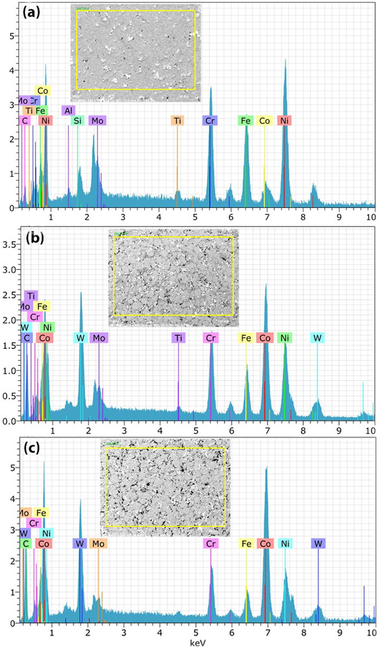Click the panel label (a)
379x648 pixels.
point(31,13)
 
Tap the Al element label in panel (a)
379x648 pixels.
point(68,111)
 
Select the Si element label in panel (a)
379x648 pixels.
point(77,121)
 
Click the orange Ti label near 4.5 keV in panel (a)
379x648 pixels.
point(177,121)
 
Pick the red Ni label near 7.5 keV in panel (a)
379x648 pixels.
point(284,121)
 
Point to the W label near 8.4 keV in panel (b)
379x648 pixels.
point(317,338)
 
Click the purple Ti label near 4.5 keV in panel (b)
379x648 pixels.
point(178,338)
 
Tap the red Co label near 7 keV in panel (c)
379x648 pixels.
point(265,544)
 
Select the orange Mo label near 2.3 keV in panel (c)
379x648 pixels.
point(98,544)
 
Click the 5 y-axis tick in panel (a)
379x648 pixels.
point(12,36)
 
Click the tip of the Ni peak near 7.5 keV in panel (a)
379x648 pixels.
point(285,60)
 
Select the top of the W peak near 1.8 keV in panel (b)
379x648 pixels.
point(81,292)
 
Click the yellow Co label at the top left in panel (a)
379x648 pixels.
point(43,91)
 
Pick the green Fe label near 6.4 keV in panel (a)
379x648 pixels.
point(246,121)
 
